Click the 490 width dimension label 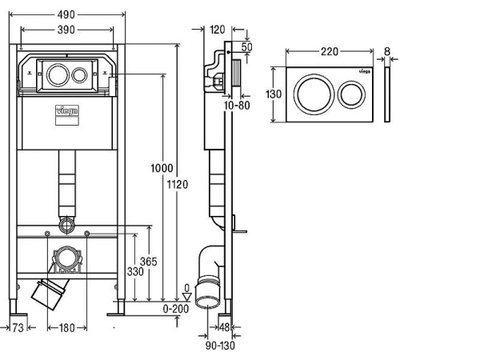(x=66, y=14)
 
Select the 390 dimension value (x=66, y=30)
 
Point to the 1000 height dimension (x=162, y=168)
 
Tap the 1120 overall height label (x=178, y=185)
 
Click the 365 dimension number (x=149, y=262)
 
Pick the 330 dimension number (x=135, y=271)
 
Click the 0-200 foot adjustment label (x=176, y=309)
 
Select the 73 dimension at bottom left (x=18, y=328)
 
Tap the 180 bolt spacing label (x=66, y=328)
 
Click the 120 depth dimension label (x=218, y=30)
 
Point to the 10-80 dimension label (x=237, y=106)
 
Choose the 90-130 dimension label (x=220, y=346)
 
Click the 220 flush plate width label (x=330, y=51)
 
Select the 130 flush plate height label (x=274, y=94)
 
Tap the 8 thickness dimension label (x=387, y=51)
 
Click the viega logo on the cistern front (x=67, y=110)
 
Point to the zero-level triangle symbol (x=186, y=297)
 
